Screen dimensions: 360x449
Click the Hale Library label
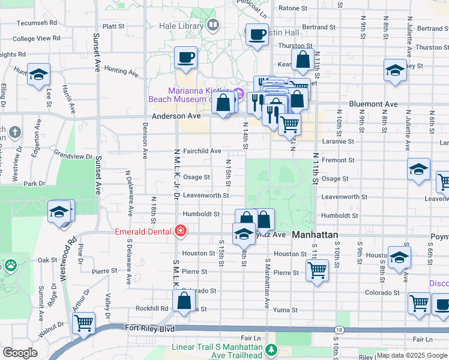point(181,26)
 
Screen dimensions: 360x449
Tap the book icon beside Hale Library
point(212,25)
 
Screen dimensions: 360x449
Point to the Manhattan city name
point(315,235)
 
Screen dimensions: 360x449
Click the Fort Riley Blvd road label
point(149,328)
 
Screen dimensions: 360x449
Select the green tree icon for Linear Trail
point(271,349)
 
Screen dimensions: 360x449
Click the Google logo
point(20,353)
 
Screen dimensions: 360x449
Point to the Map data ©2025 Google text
point(412,355)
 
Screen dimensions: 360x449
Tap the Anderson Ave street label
point(176,116)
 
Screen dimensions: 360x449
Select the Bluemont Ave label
point(373,104)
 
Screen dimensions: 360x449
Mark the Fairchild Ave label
point(202,151)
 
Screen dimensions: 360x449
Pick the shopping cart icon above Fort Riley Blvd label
point(83,322)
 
